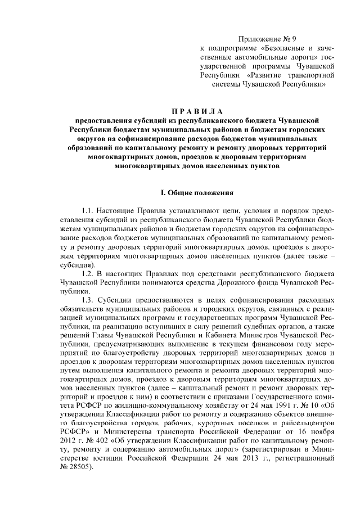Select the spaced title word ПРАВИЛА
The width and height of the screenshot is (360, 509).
tap(180, 110)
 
